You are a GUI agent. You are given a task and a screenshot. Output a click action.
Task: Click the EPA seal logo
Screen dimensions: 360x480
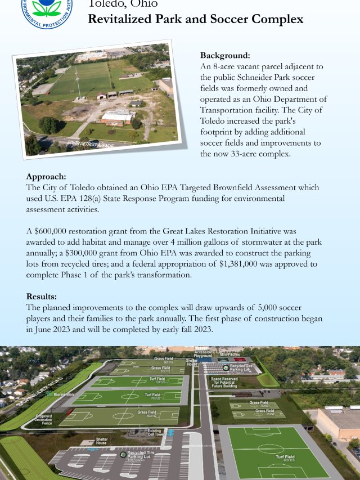(x=47, y=10)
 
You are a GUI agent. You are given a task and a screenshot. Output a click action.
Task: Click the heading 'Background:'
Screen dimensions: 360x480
(x=225, y=56)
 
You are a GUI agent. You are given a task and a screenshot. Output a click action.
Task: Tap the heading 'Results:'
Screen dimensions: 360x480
(x=41, y=296)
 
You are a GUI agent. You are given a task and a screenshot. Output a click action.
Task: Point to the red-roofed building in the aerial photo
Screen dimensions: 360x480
(x=118, y=116)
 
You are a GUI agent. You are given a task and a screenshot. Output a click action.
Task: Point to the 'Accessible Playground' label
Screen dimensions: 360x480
(x=203, y=353)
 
